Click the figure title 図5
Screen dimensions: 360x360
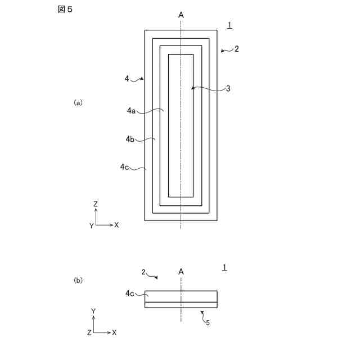65,11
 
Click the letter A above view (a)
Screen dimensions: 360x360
181,15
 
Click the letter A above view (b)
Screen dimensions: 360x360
181,272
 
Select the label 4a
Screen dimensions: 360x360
132,111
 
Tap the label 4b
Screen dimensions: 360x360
130,138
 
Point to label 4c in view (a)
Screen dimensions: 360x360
124,166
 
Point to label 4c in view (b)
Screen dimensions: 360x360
130,293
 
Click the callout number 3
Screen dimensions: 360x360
228,88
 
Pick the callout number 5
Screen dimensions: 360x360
208,322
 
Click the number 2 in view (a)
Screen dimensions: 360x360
237,49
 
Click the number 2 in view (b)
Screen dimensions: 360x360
143,272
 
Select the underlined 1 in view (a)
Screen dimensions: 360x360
229,25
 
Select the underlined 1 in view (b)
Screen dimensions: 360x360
224,267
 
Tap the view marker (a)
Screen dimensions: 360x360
78,102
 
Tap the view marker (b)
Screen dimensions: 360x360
78,280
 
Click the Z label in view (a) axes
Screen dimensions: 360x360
96,203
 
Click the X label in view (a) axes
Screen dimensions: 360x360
116,224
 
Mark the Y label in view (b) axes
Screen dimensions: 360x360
94,310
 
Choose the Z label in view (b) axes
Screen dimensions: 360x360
89,332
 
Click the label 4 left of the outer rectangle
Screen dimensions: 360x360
127,79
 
